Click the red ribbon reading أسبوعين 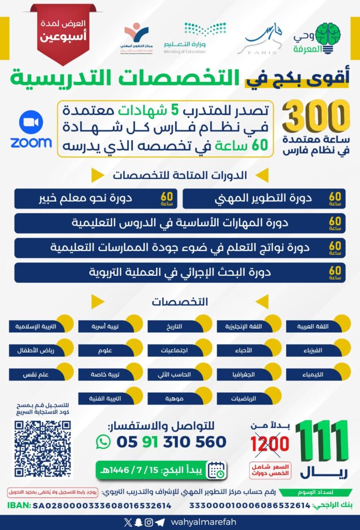(x=63, y=33)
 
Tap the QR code (x=43, y=448)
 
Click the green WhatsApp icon (x=103, y=441)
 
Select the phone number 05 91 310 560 (x=171, y=441)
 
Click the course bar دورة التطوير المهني (x=264, y=199)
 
